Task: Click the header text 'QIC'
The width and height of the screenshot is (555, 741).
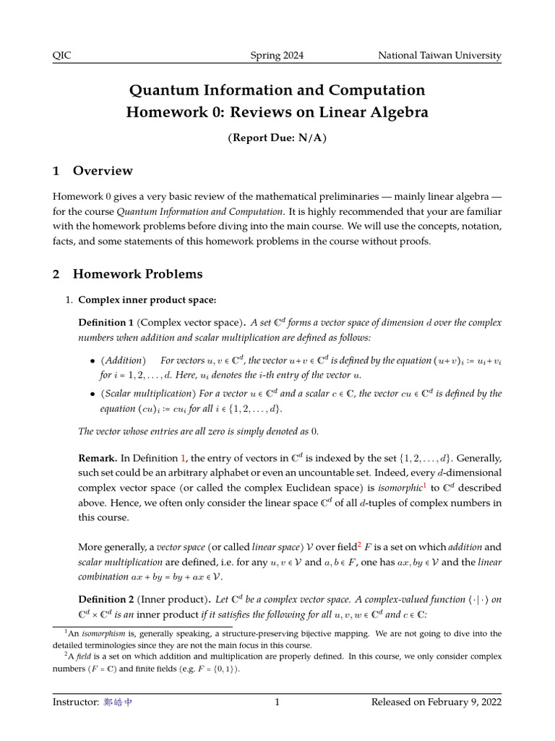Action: (63, 56)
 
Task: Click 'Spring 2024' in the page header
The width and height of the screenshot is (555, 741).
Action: (277, 56)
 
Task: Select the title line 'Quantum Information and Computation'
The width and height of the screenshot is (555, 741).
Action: (277, 90)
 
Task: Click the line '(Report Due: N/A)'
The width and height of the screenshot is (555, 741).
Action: (277, 138)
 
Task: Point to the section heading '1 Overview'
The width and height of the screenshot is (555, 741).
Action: (92, 171)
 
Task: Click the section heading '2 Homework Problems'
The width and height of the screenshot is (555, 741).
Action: (128, 274)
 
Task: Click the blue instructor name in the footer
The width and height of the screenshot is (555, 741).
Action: (117, 702)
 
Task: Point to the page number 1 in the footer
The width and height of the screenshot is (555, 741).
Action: (277, 702)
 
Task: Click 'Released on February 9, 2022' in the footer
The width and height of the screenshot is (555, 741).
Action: (436, 702)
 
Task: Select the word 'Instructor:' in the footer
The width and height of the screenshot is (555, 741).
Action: (75, 702)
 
